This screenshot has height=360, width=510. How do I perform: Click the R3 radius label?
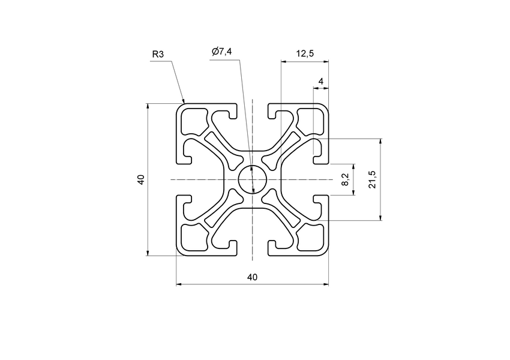[158, 55]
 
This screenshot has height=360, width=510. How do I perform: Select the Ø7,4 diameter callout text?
[222, 52]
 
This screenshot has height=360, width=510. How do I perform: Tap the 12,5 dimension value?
[305, 54]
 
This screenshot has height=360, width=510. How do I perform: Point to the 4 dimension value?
[321, 81]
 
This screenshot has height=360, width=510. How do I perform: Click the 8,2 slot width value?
[344, 179]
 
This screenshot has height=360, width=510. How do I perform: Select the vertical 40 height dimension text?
[140, 179]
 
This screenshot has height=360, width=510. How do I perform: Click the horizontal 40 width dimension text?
[252, 277]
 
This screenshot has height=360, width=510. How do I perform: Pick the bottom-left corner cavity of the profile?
[193, 238]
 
